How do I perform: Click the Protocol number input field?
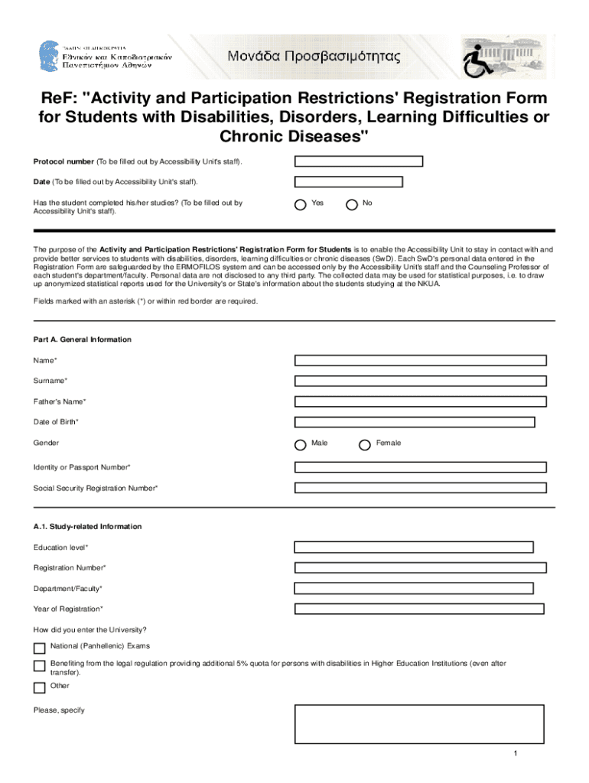(x=359, y=161)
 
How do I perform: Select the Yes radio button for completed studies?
(x=301, y=204)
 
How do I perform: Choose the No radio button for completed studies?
(x=352, y=204)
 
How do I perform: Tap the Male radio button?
(x=301, y=444)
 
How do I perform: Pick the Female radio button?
(x=365, y=444)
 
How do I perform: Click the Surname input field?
(x=420, y=381)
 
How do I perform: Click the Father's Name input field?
(x=420, y=401)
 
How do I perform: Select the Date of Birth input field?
(x=415, y=422)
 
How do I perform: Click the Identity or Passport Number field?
(x=420, y=467)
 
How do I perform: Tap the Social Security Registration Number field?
(x=420, y=488)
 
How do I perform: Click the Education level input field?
(x=414, y=547)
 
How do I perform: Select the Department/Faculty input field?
(x=414, y=589)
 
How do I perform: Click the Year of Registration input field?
(x=418, y=609)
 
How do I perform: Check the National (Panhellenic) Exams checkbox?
(x=39, y=648)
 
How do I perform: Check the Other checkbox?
(x=39, y=687)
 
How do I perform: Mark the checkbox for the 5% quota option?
(x=39, y=666)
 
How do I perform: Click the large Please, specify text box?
(x=419, y=724)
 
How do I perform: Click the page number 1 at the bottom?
(x=516, y=755)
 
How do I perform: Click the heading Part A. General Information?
(x=82, y=340)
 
